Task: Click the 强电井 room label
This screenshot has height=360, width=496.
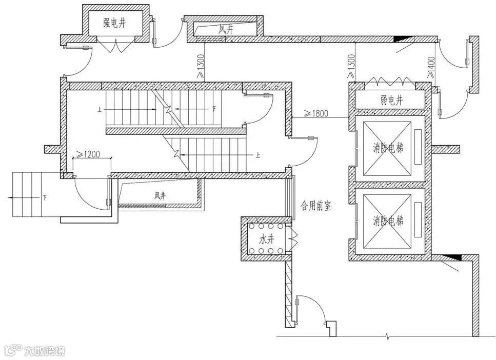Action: point(114,23)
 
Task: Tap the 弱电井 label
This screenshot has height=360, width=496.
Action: point(392,99)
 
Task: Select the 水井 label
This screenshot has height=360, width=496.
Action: point(264,239)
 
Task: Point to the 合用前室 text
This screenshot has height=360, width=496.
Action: point(315,206)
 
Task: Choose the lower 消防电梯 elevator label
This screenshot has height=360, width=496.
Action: point(388,221)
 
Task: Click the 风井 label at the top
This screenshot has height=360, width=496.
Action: point(226,30)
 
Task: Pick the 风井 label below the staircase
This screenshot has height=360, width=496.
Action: point(160,195)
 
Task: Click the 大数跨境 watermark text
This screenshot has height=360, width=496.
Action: point(44,351)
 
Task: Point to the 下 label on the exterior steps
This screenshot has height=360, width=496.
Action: point(45,197)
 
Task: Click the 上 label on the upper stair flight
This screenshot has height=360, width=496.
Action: point(98,109)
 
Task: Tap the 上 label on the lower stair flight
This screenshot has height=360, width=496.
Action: point(257,153)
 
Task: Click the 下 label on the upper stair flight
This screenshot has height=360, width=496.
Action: point(214,109)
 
